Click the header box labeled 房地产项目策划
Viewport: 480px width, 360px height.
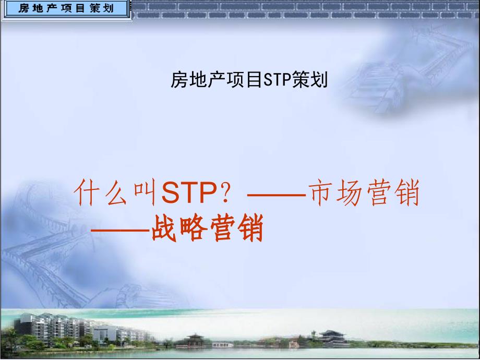66,8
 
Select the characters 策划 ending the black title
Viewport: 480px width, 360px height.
310,80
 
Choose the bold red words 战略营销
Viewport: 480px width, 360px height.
207,229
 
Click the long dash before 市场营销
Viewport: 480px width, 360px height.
277,195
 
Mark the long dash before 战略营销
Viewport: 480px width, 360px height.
121,230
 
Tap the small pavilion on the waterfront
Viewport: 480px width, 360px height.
195,341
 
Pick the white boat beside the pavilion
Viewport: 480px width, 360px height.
223,345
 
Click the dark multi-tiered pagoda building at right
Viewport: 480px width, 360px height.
332,338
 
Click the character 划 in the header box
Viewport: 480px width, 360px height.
109,8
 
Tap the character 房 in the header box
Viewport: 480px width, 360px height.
23,8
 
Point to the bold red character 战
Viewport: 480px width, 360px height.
164,229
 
